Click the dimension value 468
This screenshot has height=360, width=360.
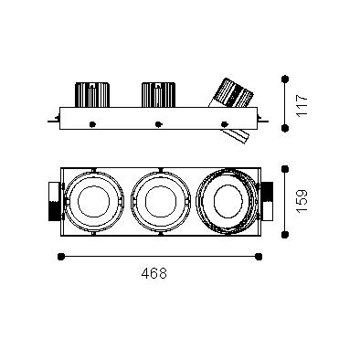coord(154,273)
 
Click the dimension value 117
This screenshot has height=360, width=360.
coord(302,105)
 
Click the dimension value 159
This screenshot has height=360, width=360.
coord(302,201)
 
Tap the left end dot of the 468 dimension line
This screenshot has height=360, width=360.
coord(61,257)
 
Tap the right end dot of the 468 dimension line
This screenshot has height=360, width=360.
coord(259,257)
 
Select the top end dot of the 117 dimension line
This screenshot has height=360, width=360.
coord(285,79)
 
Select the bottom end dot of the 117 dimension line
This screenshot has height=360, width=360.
coord(285,128)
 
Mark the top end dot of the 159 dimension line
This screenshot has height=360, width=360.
coord(285,169)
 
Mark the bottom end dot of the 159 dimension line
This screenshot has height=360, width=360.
coord(285,235)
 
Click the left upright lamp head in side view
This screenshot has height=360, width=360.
coord(92,94)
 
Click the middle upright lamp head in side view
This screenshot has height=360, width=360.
coord(158,94)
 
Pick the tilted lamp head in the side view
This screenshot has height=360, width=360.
coord(231,93)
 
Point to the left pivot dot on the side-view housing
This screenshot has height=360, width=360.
coord(92,124)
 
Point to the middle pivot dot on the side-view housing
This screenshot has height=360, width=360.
coord(158,124)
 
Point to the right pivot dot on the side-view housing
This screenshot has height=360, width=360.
coord(225,124)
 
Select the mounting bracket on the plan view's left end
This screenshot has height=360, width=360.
coord(55,201)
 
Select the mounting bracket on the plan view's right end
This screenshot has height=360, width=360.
coord(267,201)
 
